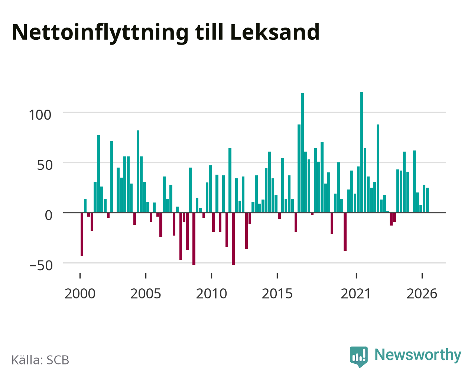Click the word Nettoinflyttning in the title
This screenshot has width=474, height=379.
100,33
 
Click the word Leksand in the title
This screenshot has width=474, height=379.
275,32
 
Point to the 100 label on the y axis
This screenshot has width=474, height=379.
40,115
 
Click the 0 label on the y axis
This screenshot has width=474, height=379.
49,215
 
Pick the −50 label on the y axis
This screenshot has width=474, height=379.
41,265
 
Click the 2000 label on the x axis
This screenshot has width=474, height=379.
80,294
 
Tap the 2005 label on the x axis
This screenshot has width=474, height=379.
146,294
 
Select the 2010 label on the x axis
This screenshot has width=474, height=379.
211,294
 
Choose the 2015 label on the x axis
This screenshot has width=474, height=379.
277,294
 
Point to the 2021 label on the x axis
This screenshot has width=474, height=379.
356,294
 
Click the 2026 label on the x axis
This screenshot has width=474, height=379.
422,294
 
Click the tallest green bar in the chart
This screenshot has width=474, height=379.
361,152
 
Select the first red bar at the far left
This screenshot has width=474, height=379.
82,234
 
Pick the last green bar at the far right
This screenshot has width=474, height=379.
427,200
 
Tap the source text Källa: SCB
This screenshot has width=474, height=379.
40,360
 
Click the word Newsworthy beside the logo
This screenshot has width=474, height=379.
418,355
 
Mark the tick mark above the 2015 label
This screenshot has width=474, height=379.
277,276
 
